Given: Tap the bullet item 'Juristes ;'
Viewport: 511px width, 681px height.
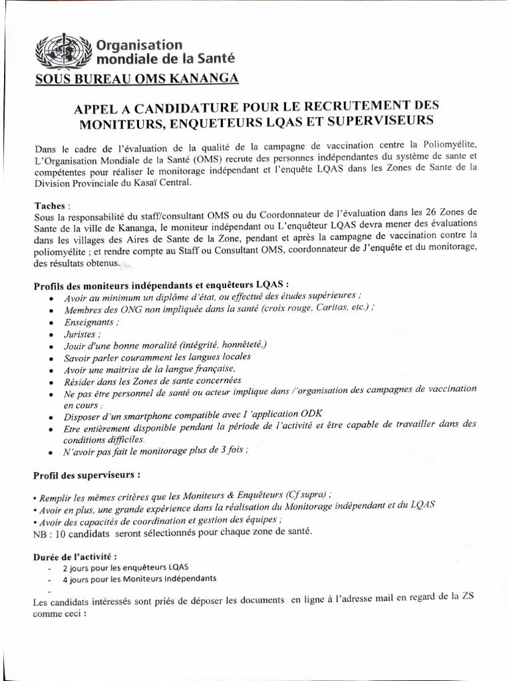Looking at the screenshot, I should point(83,333).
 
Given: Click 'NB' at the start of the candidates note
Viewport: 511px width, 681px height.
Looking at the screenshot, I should point(41,533).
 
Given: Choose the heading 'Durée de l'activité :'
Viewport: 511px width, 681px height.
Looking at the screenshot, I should point(75,556).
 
